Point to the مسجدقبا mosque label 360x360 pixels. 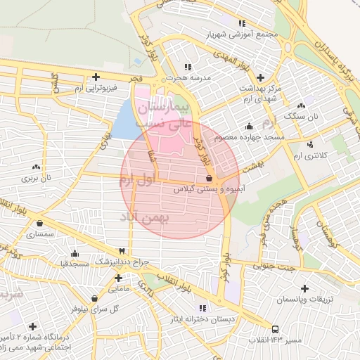pyautogui.click(x=74, y=263)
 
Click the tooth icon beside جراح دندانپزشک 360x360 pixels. pyautogui.click(x=122, y=251)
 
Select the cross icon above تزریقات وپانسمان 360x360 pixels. pyautogui.click(x=304, y=288)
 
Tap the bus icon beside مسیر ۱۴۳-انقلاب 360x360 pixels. pyautogui.click(x=275, y=329)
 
